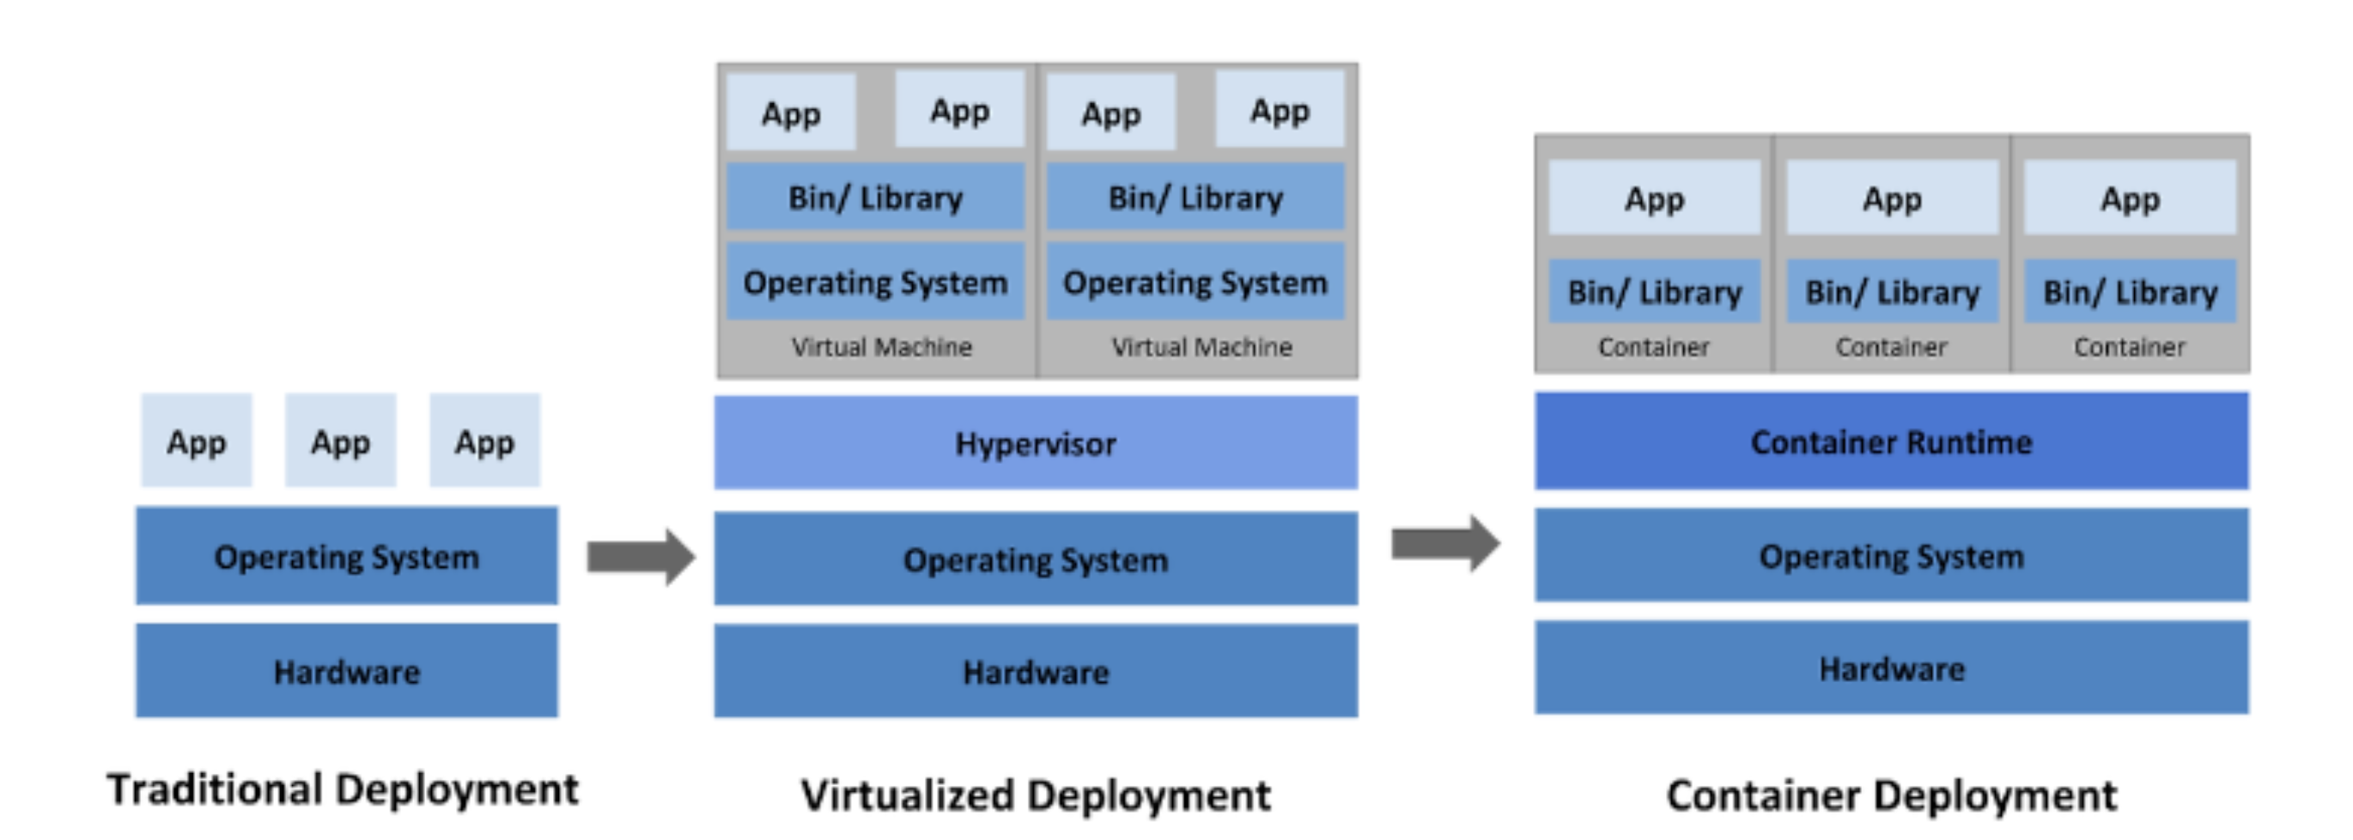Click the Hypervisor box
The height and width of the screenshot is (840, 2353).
[1035, 443]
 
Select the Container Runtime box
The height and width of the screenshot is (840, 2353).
[1891, 441]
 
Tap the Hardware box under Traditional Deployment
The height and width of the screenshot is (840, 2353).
[346, 672]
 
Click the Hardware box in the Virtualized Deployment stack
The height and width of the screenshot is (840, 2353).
[1035, 672]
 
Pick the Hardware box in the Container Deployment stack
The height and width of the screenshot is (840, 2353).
[1891, 668]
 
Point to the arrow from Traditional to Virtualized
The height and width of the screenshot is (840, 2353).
[641, 557]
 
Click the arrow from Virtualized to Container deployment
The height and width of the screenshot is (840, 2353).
[1444, 544]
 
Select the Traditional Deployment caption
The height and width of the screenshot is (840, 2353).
[343, 789]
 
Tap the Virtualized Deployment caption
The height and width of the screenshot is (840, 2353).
[1035, 795]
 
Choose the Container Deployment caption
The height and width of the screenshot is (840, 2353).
[1891, 795]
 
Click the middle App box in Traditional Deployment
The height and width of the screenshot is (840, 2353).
[340, 441]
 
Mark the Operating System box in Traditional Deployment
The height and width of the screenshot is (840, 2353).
[346, 557]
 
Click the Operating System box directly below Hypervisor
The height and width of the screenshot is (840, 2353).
[1035, 559]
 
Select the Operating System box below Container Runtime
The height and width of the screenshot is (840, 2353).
[1891, 556]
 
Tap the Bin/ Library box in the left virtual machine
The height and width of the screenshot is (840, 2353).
[875, 198]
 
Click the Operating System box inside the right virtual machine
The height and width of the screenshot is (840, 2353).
[1195, 283]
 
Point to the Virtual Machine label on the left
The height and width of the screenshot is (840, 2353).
[881, 347]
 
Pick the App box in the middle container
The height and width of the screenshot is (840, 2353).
[1892, 198]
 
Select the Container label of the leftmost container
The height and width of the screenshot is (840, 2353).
[1653, 347]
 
